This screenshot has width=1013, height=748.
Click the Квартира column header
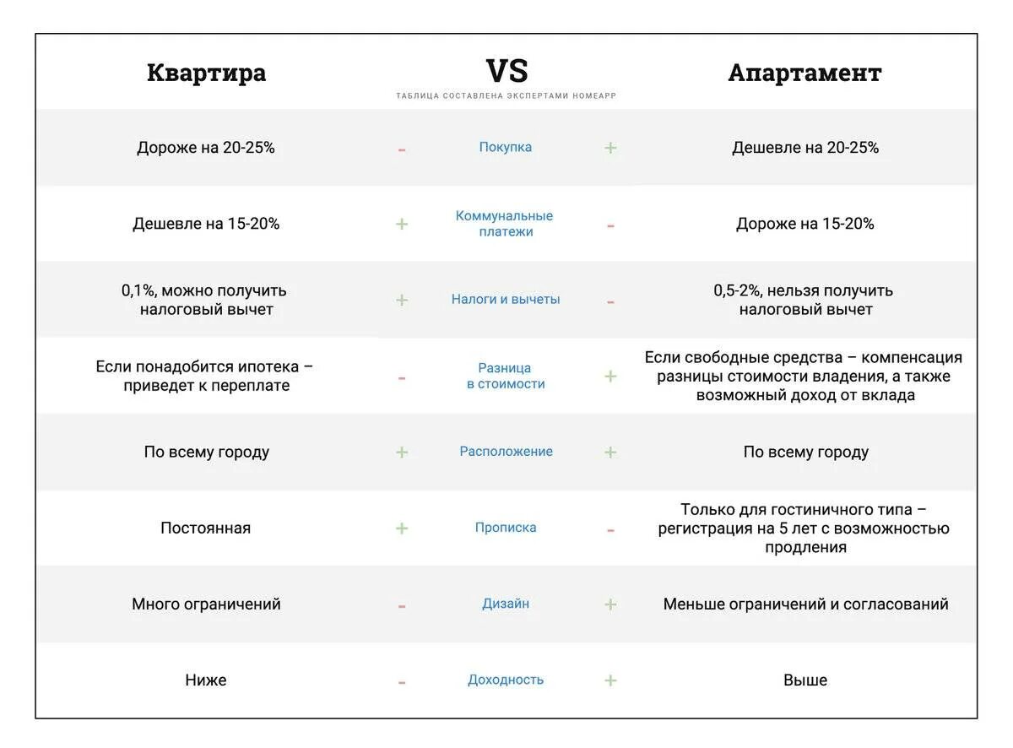(206, 73)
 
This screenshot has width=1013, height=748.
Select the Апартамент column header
(804, 73)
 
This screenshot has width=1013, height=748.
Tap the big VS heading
(506, 71)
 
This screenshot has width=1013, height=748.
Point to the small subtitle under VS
(506, 96)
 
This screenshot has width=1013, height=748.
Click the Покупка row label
(505, 147)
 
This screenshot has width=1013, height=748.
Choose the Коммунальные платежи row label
(505, 224)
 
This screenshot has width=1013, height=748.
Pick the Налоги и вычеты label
(505, 300)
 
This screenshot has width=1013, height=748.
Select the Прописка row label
(505, 528)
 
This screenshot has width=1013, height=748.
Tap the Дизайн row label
(505, 604)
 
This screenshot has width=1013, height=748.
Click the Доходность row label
(505, 680)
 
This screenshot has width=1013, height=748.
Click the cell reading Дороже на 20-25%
(205, 148)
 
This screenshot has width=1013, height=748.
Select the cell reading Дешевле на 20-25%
(804, 148)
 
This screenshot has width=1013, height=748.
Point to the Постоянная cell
(205, 528)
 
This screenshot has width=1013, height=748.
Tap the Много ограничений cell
(205, 604)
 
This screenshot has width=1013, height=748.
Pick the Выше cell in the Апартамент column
(804, 680)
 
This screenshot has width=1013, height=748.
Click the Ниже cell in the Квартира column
(205, 680)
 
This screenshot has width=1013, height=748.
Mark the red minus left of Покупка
(402, 150)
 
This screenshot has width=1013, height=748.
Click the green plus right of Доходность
(610, 680)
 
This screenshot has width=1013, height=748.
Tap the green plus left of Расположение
(402, 453)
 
